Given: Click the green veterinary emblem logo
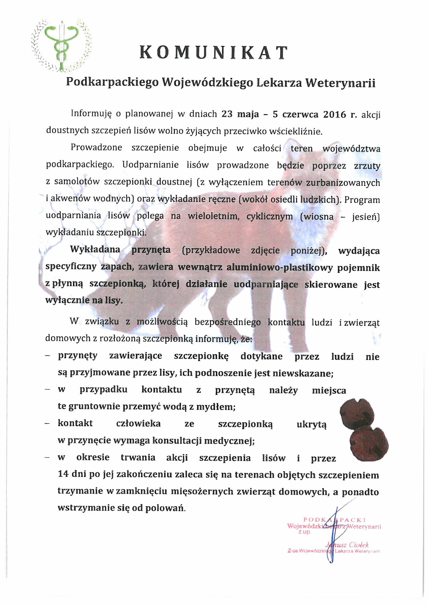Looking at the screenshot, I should [x=61, y=46].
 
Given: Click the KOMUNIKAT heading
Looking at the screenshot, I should [x=213, y=53].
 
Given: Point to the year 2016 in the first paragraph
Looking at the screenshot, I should [x=335, y=115].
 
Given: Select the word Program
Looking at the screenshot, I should [x=362, y=200].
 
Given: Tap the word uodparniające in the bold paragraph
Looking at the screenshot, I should [x=266, y=284].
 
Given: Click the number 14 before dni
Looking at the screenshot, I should [x=63, y=475].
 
